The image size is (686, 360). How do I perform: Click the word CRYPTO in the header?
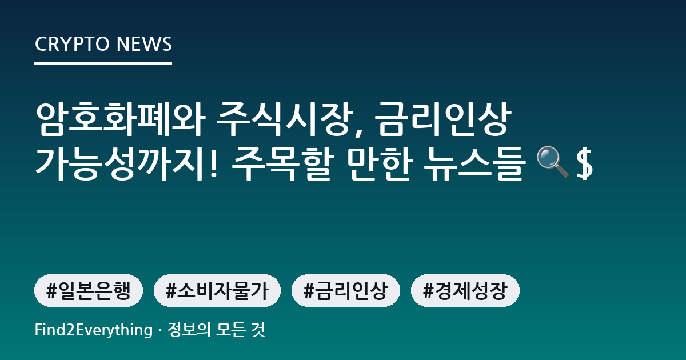pyautogui.click(x=72, y=44)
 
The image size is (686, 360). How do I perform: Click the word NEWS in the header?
pyautogui.click(x=144, y=44)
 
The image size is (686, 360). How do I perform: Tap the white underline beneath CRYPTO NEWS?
pyautogui.click(x=103, y=63)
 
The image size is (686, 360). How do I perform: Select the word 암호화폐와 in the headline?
pyautogui.click(x=120, y=119)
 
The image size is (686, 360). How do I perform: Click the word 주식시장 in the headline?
pyautogui.click(x=284, y=119)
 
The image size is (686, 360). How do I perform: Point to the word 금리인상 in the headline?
pyautogui.click(x=442, y=119)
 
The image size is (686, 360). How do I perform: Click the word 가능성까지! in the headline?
pyautogui.click(x=126, y=163)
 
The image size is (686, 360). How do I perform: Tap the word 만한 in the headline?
pyautogui.click(x=380, y=163)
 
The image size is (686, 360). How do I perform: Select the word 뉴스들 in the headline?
pyautogui.click(x=473, y=163)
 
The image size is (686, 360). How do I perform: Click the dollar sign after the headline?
pyautogui.click(x=584, y=163)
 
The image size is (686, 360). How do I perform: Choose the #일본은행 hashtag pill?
pyautogui.click(x=89, y=290)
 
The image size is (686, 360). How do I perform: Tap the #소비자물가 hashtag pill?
pyautogui.click(x=217, y=290)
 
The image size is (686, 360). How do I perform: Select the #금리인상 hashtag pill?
pyautogui.click(x=346, y=290)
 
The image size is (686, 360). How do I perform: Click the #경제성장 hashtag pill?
pyautogui.click(x=465, y=290)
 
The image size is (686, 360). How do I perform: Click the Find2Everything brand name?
pyautogui.click(x=94, y=330)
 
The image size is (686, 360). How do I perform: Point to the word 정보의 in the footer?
pyautogui.click(x=189, y=330)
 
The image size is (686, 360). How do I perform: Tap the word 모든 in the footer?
pyautogui.click(x=230, y=330)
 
